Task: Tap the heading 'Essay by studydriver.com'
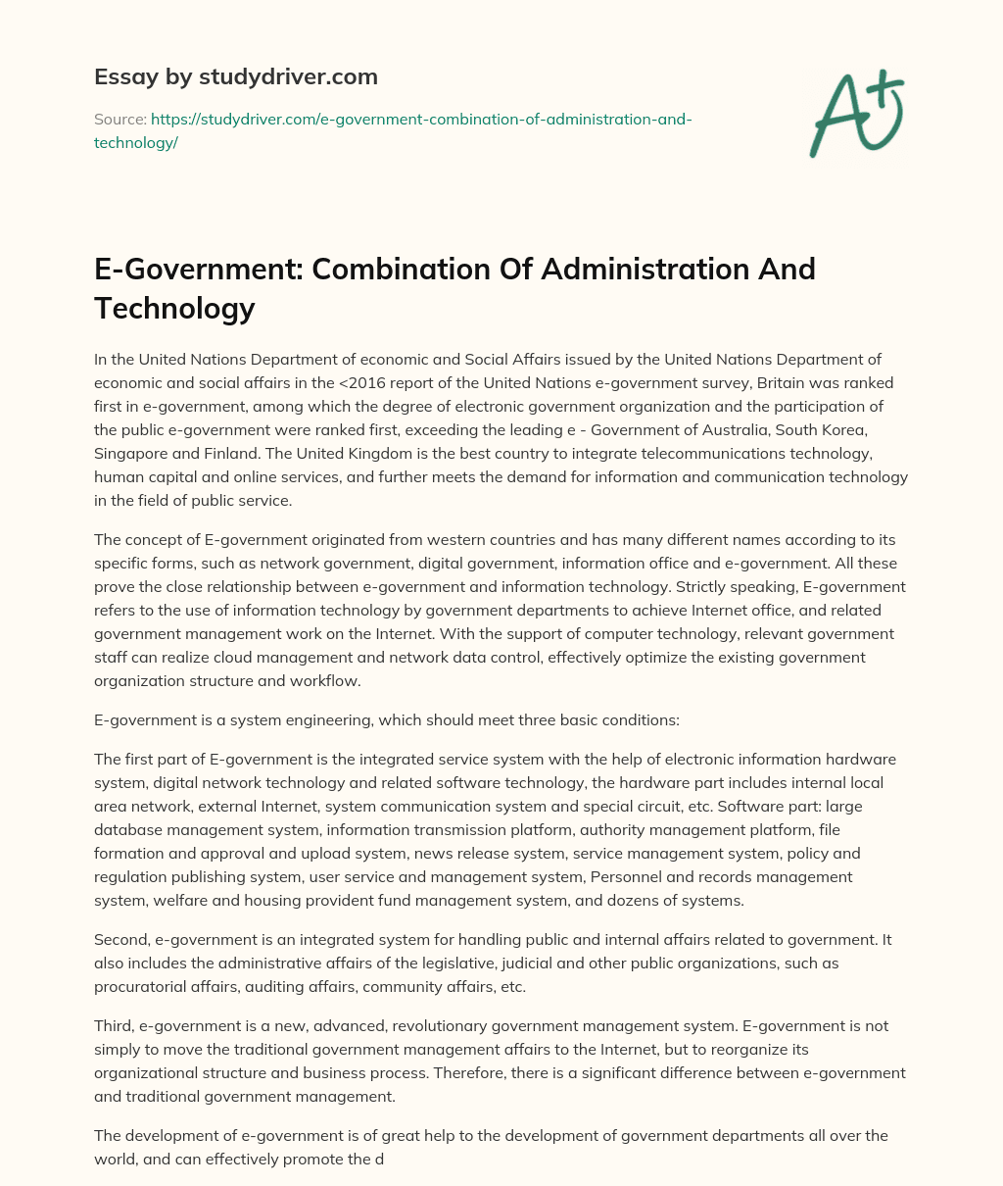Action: click(235, 76)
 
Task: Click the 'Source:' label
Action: click(119, 119)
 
